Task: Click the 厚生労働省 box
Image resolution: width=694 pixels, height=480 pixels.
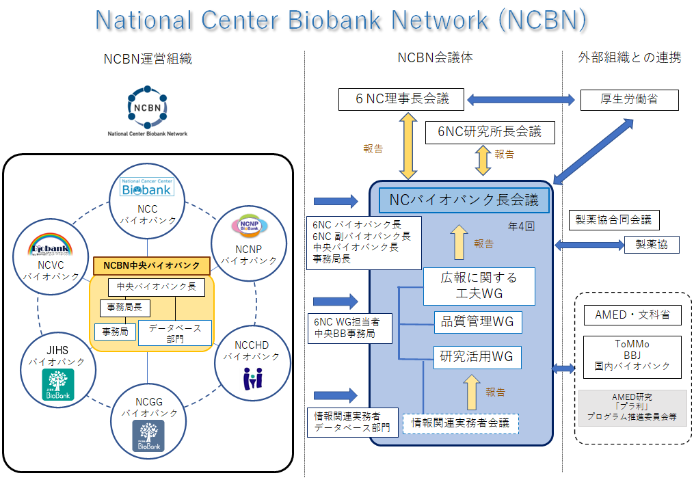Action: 629,100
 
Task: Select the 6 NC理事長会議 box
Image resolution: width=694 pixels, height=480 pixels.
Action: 402,99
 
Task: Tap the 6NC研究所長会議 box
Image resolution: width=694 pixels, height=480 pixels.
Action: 489,132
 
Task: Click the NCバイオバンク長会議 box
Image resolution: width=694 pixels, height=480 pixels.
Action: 464,200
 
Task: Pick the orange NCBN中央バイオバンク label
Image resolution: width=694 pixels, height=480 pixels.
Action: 151,265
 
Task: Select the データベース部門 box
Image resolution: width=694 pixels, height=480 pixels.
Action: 175,332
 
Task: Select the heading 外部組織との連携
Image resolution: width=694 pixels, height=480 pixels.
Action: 629,57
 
